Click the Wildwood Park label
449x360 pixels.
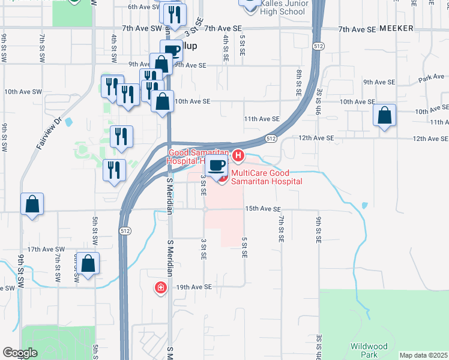coord(369,350)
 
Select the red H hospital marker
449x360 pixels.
coord(238,156)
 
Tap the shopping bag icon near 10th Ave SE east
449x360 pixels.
coord(384,116)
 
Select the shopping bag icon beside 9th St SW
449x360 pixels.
coord(32,204)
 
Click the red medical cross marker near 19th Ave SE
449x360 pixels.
coord(160,289)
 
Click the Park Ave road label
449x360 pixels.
coord(431,78)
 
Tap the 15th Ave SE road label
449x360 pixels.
coord(262,209)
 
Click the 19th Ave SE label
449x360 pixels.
coord(194,287)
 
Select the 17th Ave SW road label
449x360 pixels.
coord(45,249)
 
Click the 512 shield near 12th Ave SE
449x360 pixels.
coord(272,139)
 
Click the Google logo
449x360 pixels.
coord(20,353)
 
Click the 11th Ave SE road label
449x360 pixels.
coord(262,119)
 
